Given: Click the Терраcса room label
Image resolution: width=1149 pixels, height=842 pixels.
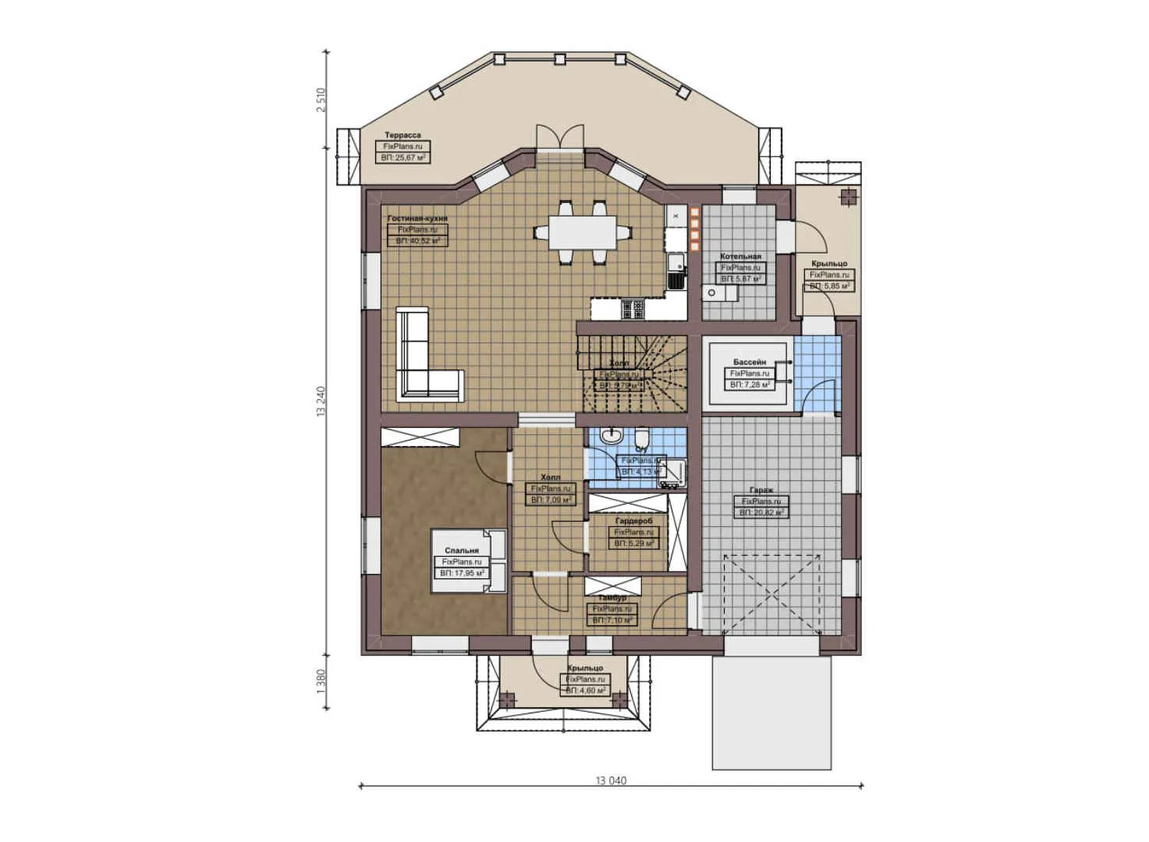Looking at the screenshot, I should click(403, 135).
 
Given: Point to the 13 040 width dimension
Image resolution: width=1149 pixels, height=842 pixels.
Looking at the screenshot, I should click(611, 780).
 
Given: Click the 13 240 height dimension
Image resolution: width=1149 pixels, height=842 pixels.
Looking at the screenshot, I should click(321, 402).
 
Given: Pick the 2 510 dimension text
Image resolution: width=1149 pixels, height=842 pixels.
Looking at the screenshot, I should click(321, 100).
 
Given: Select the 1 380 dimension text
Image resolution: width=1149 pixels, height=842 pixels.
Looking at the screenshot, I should click(321, 682).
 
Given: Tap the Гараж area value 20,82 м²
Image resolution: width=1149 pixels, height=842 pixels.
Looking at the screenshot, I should click(761, 512).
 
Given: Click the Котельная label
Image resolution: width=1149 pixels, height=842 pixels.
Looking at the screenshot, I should click(740, 256).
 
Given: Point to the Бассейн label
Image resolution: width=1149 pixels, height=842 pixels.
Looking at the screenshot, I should click(749, 362).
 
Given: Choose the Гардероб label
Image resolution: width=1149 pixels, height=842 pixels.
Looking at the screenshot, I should click(633, 520).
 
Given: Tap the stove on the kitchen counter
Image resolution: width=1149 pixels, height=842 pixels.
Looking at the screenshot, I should click(631, 310).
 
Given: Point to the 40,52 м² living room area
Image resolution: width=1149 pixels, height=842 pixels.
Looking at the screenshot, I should click(417, 241).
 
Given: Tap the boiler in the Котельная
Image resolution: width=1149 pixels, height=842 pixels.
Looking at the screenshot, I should click(712, 292).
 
